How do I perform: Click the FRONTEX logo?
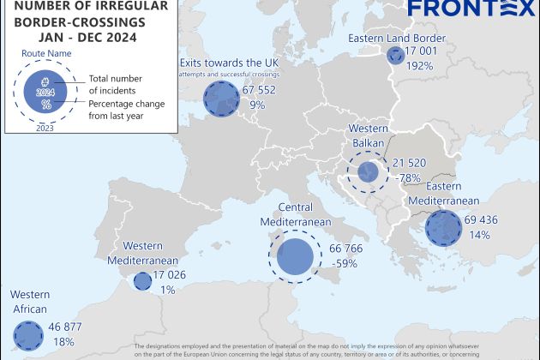click(471, 9)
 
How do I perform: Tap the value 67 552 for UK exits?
click(264, 90)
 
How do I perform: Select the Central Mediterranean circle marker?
click(294, 256)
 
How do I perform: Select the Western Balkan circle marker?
click(369, 172)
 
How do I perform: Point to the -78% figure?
click(408, 177)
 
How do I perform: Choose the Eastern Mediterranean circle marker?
click(443, 229)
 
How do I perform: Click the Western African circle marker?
click(28, 334)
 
